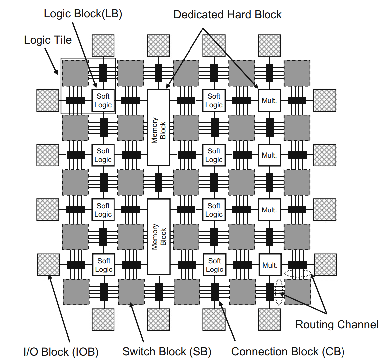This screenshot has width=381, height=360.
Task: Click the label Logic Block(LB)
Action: pyautogui.click(x=83, y=14)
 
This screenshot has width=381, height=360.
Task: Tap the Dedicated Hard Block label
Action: pyautogui.click(x=227, y=15)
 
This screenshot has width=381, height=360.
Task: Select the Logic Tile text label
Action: pyautogui.click(x=48, y=40)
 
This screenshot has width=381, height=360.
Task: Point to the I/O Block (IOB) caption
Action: pyautogui.click(x=61, y=352)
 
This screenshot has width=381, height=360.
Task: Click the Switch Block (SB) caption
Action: pyautogui.click(x=167, y=352)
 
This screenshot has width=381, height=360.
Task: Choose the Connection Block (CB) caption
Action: pyautogui.click(x=288, y=352)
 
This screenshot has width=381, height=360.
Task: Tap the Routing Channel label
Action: pyautogui.click(x=337, y=324)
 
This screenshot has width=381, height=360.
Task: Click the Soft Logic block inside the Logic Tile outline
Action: pyautogui.click(x=103, y=101)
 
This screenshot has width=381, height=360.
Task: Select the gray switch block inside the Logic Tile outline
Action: pyautogui.click(x=75, y=73)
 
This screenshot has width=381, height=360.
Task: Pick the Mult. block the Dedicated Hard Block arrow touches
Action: pyautogui.click(x=269, y=100)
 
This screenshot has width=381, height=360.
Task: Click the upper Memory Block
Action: pyautogui.click(x=159, y=128)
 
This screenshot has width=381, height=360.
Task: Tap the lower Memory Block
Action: pyautogui.click(x=159, y=237)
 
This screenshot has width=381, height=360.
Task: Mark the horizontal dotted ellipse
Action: pyautogui.click(x=298, y=274)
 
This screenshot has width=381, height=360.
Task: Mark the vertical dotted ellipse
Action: pyautogui.click(x=279, y=292)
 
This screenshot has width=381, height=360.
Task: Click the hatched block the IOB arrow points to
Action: pyautogui.click(x=48, y=265)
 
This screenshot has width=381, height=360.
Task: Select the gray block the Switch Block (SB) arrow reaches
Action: pyautogui.click(x=131, y=292)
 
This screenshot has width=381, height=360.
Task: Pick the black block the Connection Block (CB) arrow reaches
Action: pyautogui.click(x=215, y=292)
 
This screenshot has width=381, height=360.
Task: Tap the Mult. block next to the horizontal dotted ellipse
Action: pyautogui.click(x=270, y=265)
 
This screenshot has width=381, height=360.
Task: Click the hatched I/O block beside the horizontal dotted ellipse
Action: pyautogui.click(x=325, y=265)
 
